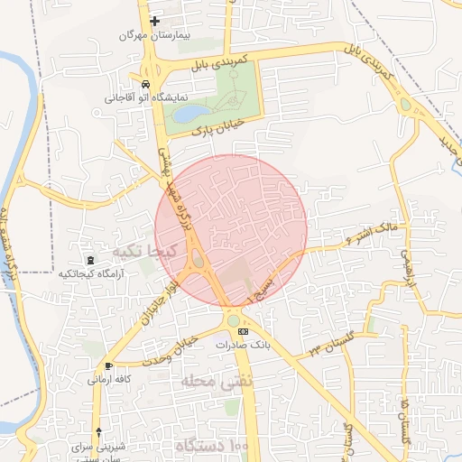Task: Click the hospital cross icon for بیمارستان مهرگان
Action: coord(155,21)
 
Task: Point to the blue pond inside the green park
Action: coord(190,114)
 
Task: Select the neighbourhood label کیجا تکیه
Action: coord(137,250)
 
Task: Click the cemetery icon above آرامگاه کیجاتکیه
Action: coord(89,260)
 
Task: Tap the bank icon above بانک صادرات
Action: coord(242,332)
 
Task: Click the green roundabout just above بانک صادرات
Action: coord(235,319)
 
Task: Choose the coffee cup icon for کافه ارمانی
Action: coord(109,365)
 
